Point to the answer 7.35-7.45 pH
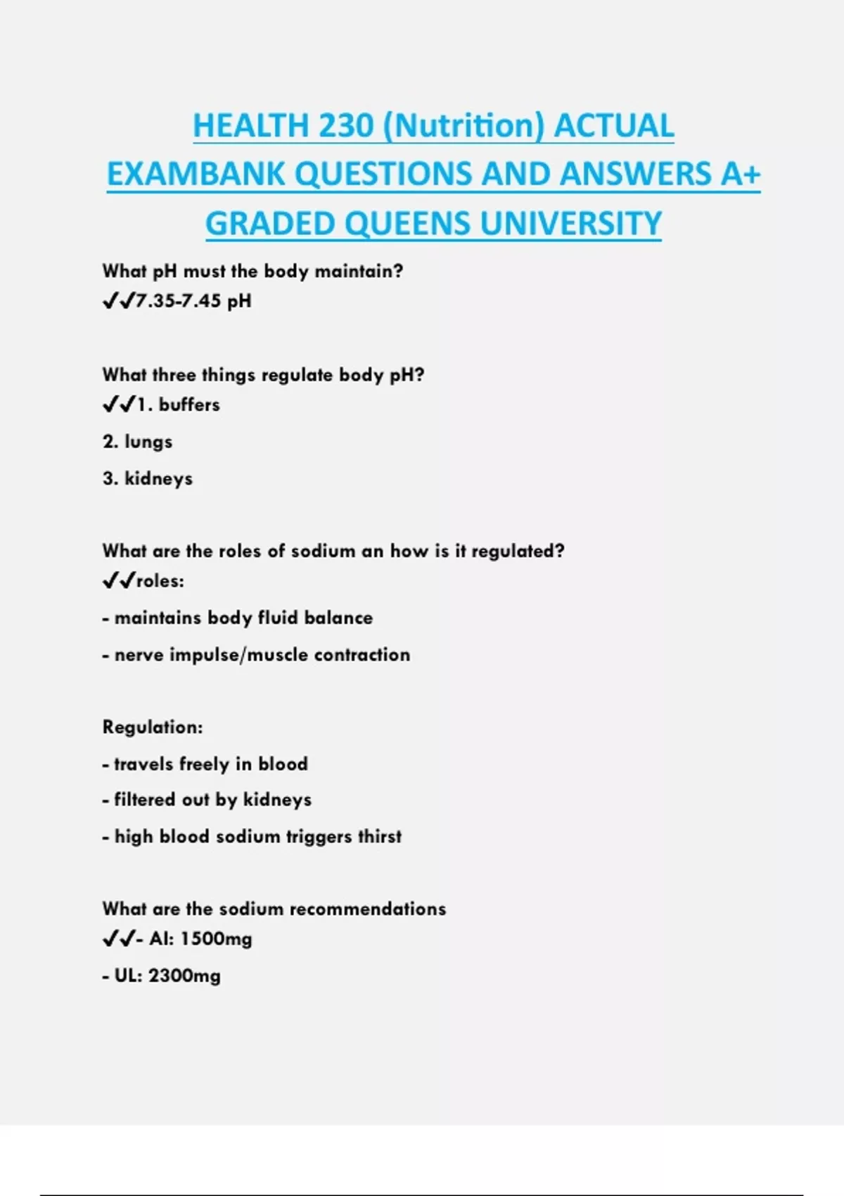point(193,301)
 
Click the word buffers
point(189,405)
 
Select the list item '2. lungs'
point(137,442)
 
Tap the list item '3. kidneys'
point(147,478)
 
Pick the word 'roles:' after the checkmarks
point(160,581)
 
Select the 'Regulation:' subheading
point(152,727)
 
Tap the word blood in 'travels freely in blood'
point(283,764)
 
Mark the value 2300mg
point(184,976)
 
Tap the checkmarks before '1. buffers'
point(118,405)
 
